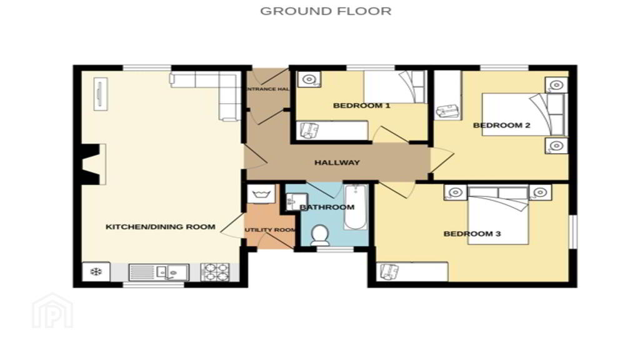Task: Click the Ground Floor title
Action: pyautogui.click(x=326, y=11)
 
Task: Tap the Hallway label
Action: pyautogui.click(x=337, y=162)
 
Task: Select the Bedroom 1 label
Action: pyautogui.click(x=362, y=106)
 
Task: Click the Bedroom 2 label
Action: pyautogui.click(x=502, y=125)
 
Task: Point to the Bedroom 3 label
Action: pyautogui.click(x=472, y=234)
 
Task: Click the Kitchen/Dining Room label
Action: pyautogui.click(x=161, y=227)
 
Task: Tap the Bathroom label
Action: pyautogui.click(x=327, y=207)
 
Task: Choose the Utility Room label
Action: pyautogui.click(x=270, y=230)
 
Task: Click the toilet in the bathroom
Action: pyautogui.click(x=319, y=236)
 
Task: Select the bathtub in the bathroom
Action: pyautogui.click(x=356, y=207)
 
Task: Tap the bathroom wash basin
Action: pyautogui.click(x=292, y=202)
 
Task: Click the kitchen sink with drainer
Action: pyautogui.click(x=159, y=272)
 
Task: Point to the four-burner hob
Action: pyautogui.click(x=215, y=272)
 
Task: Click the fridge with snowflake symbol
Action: pyautogui.click(x=96, y=271)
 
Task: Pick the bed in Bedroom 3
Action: pyautogui.click(x=498, y=216)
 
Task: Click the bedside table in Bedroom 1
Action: pyautogui.click(x=309, y=79)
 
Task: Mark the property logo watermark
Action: pyautogui.click(x=52, y=311)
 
